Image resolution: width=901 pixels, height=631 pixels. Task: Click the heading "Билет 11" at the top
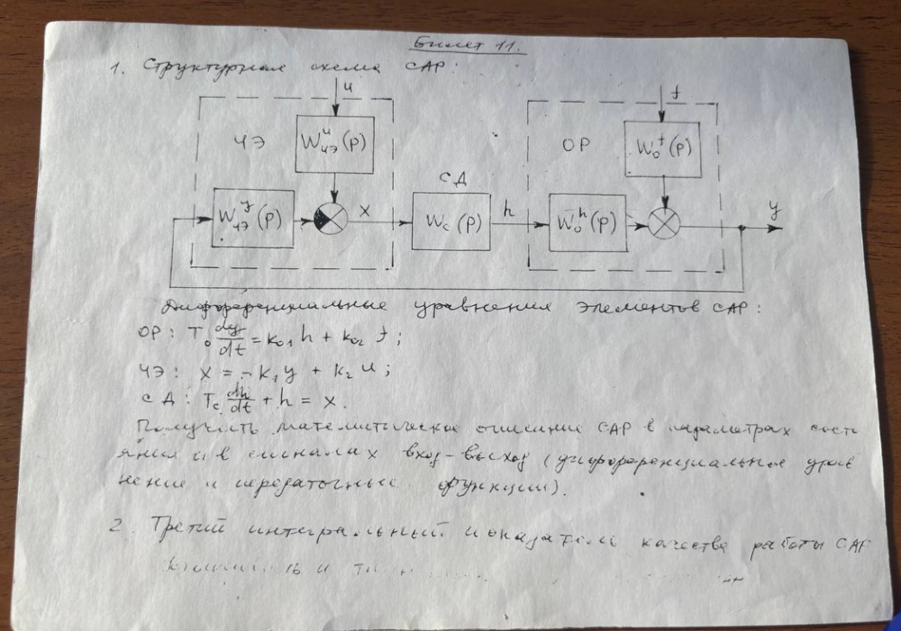tap(469, 44)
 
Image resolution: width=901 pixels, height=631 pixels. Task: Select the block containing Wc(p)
tap(450, 221)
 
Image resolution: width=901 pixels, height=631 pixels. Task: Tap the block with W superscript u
tap(334, 144)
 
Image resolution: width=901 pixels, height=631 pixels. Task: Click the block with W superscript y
tap(253, 218)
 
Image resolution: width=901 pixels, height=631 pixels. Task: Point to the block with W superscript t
tap(662, 149)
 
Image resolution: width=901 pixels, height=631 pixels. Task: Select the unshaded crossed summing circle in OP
tap(664, 225)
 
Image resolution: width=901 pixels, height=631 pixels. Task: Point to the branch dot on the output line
tap(741, 229)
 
